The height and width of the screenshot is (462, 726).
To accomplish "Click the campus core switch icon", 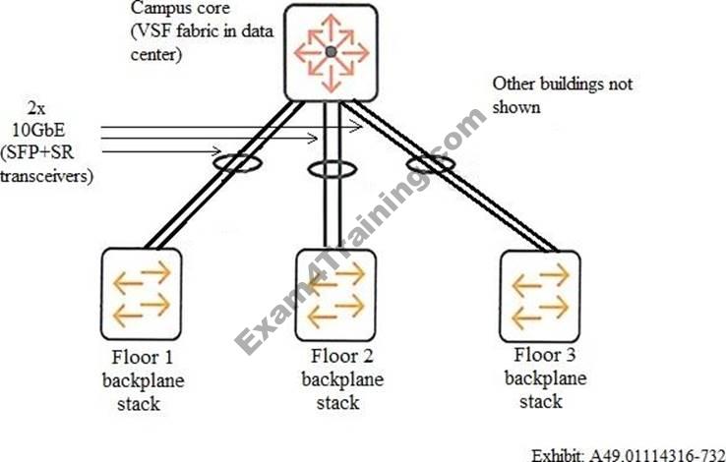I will pos(331,52).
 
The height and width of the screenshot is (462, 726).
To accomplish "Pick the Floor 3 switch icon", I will pos(540,293).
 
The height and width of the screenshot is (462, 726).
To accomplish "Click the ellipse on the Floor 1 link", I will pos(235,161).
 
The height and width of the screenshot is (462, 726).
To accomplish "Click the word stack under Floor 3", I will pos(541,401).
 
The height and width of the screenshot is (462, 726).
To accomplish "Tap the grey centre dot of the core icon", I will pos(332,51).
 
